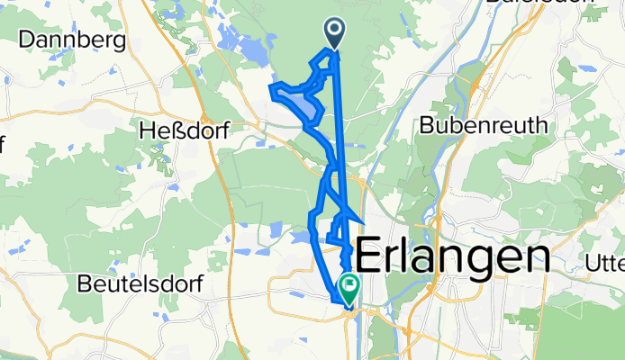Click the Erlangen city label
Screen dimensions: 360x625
pyautogui.click(x=453, y=257)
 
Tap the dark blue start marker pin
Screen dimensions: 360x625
pyautogui.click(x=334, y=33)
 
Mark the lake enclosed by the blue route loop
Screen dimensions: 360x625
pyautogui.click(x=307, y=108)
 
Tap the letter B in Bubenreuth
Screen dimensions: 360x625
pyautogui.click(x=429, y=125)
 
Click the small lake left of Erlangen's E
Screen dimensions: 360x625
pyautogui.click(x=300, y=238)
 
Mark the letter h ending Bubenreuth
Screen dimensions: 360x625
pyautogui.click(x=541, y=125)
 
